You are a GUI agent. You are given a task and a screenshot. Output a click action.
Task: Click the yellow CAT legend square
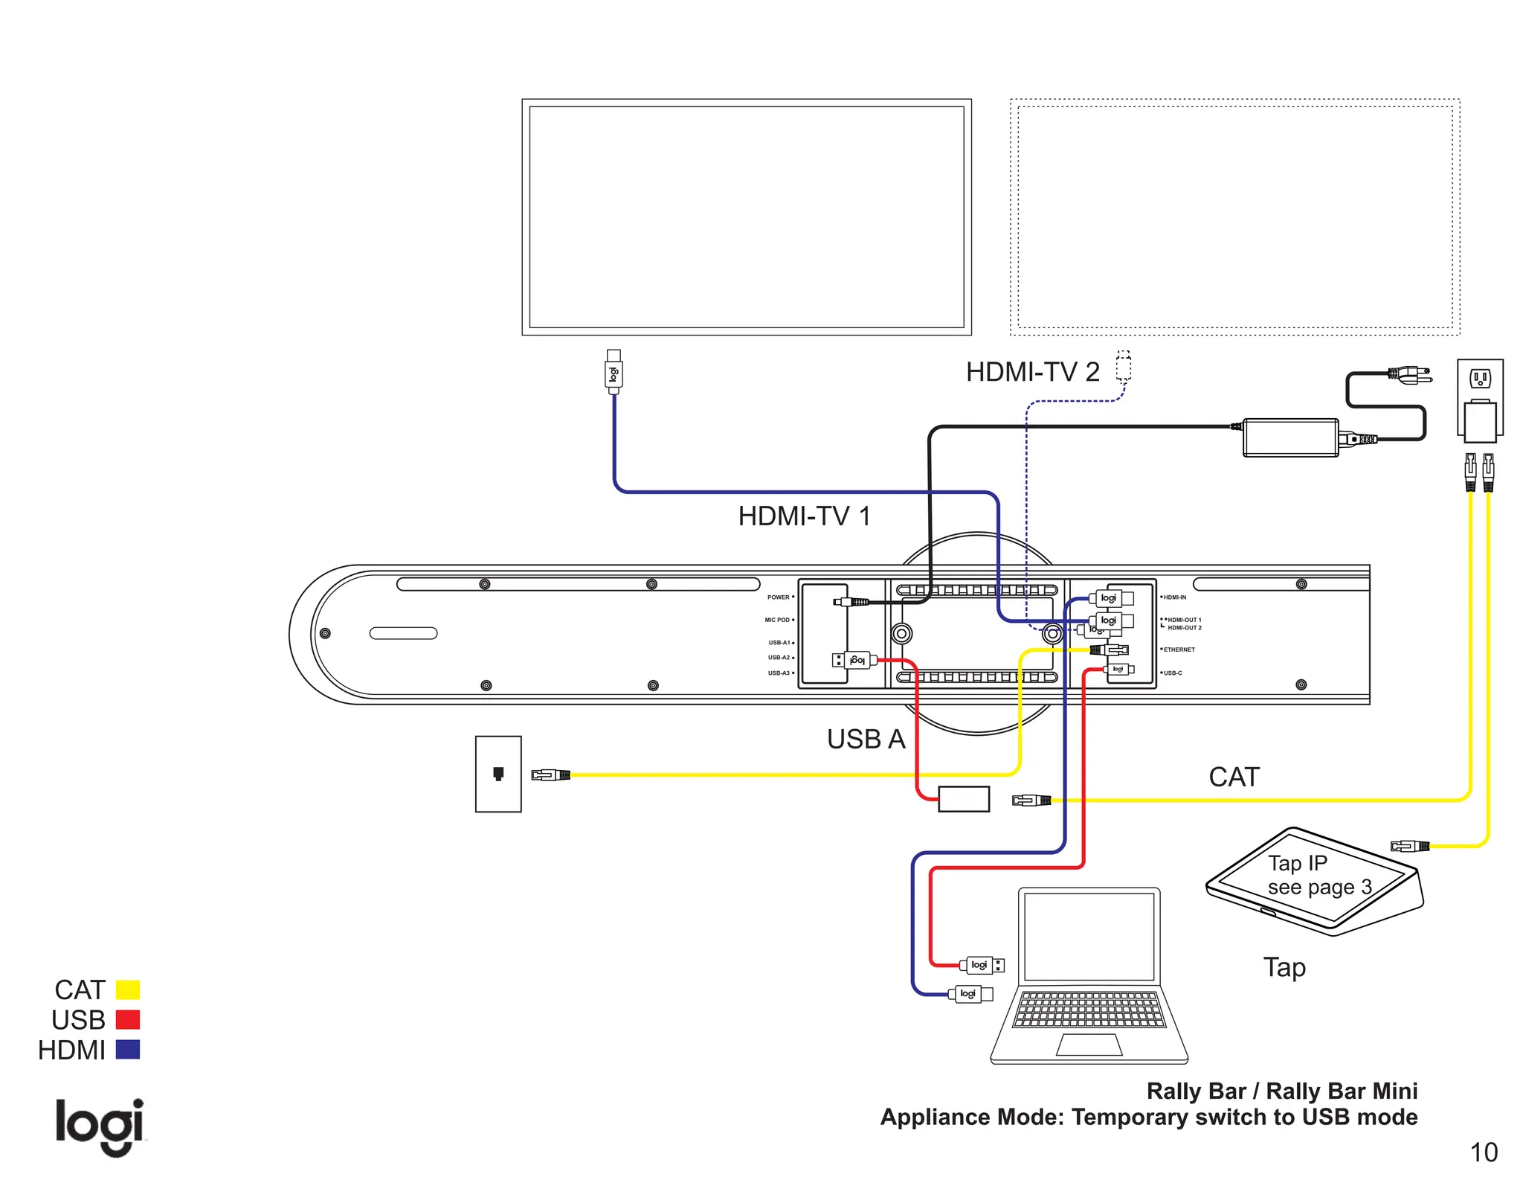(x=128, y=990)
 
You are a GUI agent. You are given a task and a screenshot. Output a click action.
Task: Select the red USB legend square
(x=128, y=1019)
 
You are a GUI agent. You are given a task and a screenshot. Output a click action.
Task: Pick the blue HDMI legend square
(x=128, y=1050)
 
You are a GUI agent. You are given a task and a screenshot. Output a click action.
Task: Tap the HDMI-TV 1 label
(x=804, y=516)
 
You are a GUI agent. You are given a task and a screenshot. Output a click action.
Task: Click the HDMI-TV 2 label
(x=1032, y=372)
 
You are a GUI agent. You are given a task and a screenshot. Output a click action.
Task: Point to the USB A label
(x=866, y=740)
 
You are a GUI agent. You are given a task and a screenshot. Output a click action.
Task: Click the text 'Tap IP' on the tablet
(x=1297, y=863)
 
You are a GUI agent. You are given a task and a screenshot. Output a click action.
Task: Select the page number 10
(x=1483, y=1152)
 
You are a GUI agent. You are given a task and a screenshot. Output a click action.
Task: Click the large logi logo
(x=100, y=1126)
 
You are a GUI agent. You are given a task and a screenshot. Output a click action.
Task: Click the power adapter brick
(x=1290, y=437)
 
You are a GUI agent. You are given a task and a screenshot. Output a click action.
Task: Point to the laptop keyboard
(x=1089, y=1010)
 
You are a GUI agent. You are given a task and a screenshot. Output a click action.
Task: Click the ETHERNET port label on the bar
(x=1179, y=650)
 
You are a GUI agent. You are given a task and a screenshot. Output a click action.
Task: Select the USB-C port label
(x=1173, y=673)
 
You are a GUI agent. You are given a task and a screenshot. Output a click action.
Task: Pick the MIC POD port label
(x=777, y=620)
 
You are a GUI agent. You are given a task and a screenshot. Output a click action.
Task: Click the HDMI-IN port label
(x=1175, y=597)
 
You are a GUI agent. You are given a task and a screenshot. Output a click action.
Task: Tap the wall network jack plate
(x=498, y=774)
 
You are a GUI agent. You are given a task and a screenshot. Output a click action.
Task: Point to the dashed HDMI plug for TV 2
(x=1124, y=367)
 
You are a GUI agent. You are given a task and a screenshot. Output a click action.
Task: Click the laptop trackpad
(x=1089, y=1045)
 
